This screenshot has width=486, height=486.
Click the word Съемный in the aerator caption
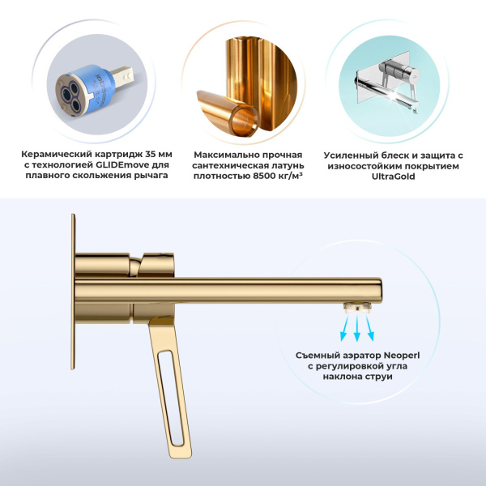pos(317,354)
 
